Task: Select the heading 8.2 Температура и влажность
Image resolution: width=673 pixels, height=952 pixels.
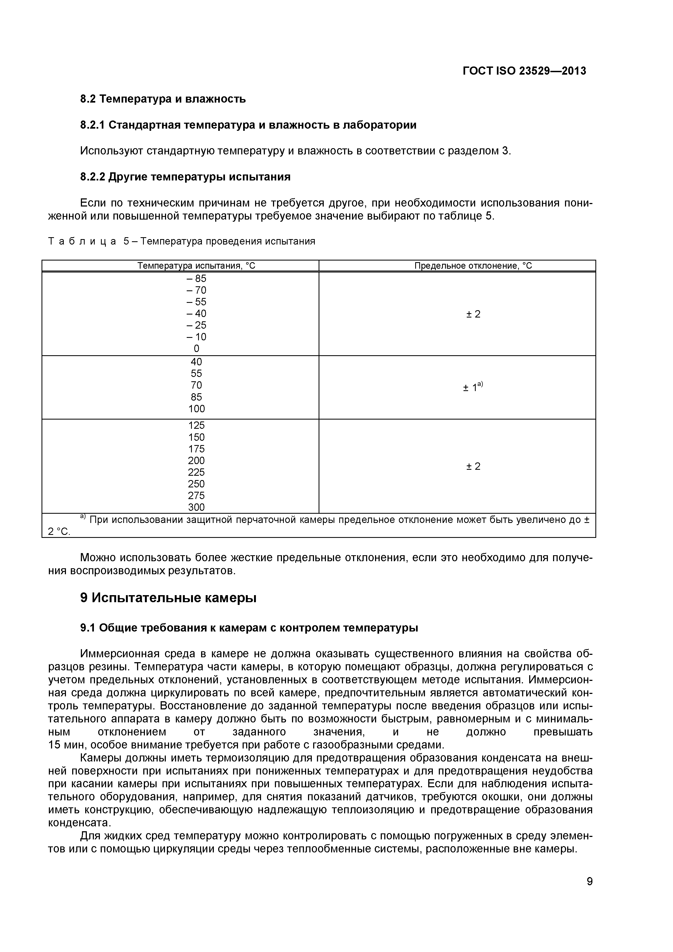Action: pyautogui.click(x=163, y=99)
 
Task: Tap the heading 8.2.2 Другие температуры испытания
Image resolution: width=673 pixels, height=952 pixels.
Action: pyautogui.click(x=185, y=177)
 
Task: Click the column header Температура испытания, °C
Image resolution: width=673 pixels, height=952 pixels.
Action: pyautogui.click(x=196, y=266)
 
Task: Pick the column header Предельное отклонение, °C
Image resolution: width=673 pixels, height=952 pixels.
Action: pyautogui.click(x=473, y=266)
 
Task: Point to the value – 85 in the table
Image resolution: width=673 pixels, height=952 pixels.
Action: pyautogui.click(x=196, y=279)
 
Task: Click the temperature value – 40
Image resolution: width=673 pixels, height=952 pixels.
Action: pyautogui.click(x=196, y=313)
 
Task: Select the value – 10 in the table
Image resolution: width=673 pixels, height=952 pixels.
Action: pyautogui.click(x=196, y=337)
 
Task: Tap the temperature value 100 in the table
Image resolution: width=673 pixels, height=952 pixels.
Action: pyautogui.click(x=196, y=409)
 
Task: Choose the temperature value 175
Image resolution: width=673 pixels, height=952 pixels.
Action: pyautogui.click(x=196, y=449)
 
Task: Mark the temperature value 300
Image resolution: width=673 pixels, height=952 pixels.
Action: pyautogui.click(x=196, y=507)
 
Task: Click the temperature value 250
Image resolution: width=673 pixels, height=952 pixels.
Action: pyautogui.click(x=196, y=484)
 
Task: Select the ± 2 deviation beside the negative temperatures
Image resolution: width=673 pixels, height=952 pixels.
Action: pyautogui.click(x=473, y=314)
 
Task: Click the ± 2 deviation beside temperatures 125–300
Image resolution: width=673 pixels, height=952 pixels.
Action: pyautogui.click(x=473, y=467)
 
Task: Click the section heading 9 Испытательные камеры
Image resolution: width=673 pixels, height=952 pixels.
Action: pyautogui.click(x=168, y=598)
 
